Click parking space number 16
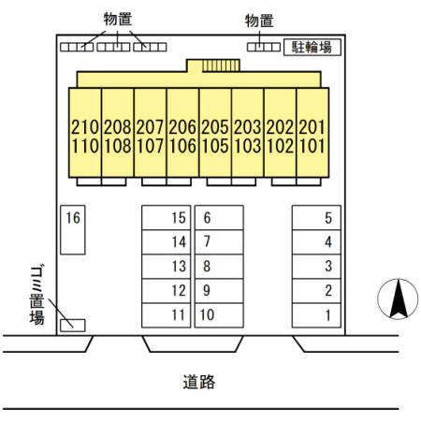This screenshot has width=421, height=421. pos(73,230)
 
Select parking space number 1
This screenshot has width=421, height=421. pos(316,315)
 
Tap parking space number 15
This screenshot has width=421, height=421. pos(166,218)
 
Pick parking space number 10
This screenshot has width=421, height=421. pos(219,315)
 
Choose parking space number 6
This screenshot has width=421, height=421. pos(219,218)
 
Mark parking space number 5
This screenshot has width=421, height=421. pos(316,218)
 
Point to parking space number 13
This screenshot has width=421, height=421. pos(166,267)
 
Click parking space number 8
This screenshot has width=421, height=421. pos(219,267)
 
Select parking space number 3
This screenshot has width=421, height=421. pos(316,267)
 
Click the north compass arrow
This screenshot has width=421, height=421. pos(399,298)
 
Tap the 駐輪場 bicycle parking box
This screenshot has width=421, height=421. pos(312,48)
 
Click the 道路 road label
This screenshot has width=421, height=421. pos(199,382)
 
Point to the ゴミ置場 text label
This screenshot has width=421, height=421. pos(36,295)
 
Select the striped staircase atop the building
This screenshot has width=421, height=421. pos(221,65)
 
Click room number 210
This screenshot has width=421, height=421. pos(85,127)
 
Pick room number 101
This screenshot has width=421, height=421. pos(312,146)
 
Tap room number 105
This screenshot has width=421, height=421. pos(215,146)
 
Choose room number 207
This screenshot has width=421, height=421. pos(150,127)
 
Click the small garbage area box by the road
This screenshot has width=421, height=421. pos(73,326)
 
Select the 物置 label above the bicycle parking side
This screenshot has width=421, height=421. pos(259,22)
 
